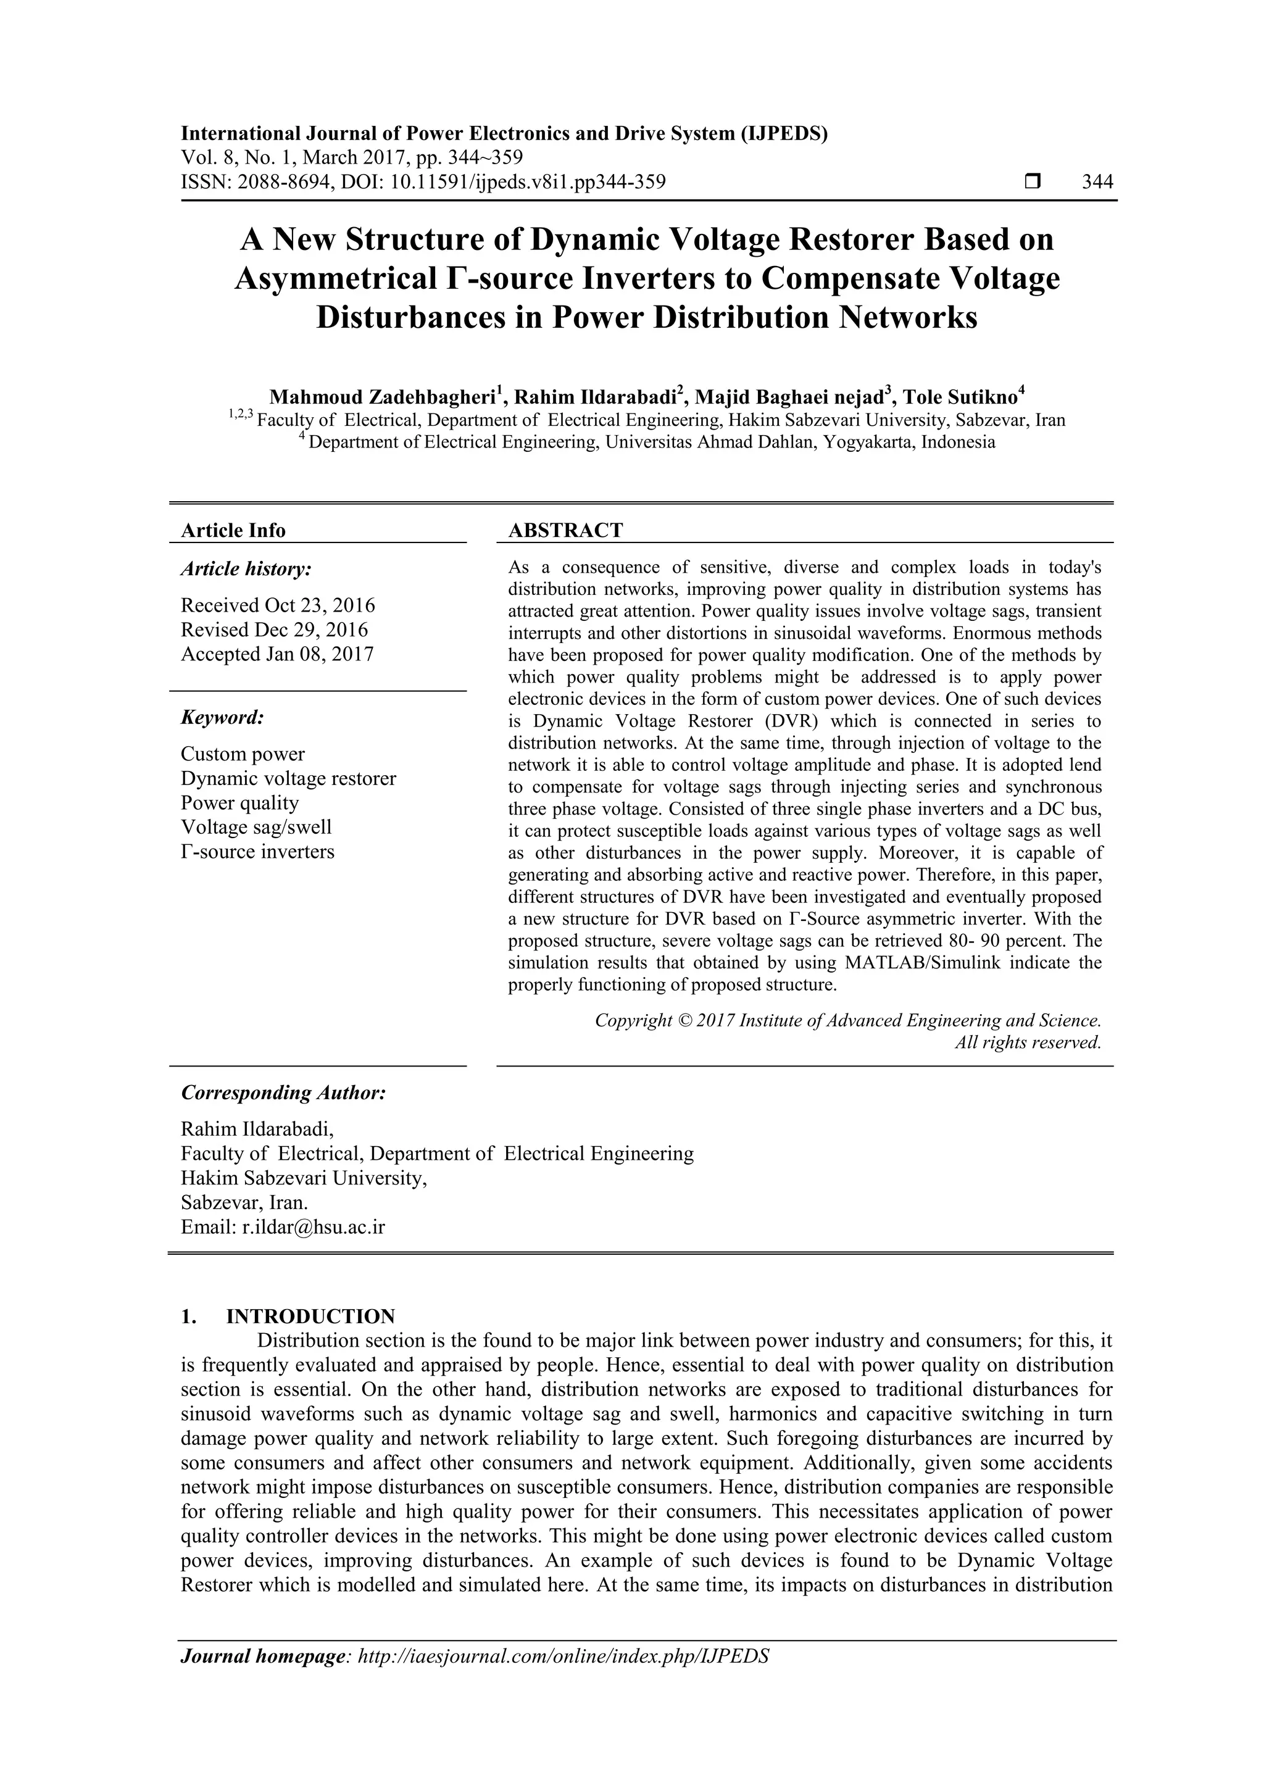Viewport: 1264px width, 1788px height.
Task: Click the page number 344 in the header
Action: click(x=1097, y=182)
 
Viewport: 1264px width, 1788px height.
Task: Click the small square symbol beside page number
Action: click(x=1032, y=182)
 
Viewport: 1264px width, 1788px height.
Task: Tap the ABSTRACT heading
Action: click(x=565, y=530)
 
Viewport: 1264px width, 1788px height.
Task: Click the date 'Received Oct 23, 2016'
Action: click(x=277, y=605)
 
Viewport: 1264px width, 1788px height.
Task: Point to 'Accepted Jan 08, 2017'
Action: click(x=277, y=654)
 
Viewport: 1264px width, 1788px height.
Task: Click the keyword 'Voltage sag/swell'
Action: click(x=256, y=827)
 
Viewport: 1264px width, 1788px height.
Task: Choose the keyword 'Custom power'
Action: click(x=242, y=754)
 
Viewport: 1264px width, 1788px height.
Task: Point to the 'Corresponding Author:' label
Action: click(x=283, y=1092)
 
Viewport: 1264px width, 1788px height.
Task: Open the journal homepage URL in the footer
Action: click(x=562, y=1657)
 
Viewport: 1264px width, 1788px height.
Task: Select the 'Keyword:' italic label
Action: click(x=222, y=717)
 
